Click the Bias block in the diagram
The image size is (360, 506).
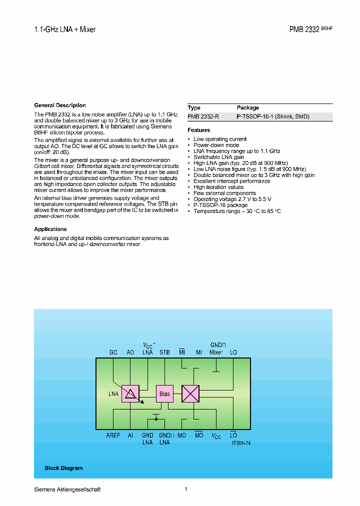point(164,393)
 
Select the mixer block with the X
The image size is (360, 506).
point(190,393)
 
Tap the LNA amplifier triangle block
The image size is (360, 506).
point(131,394)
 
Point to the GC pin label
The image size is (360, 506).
point(113,352)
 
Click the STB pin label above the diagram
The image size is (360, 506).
point(164,352)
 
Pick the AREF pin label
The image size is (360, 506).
point(113,435)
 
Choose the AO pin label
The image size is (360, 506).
point(130,352)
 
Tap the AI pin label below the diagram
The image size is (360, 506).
point(130,435)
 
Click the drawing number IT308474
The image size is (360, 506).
point(241,443)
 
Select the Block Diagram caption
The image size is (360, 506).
point(63,468)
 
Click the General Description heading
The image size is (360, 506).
point(60,105)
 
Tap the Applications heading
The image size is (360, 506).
point(50,229)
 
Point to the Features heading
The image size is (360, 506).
point(199,130)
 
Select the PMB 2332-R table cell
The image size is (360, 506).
point(203,116)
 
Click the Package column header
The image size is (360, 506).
point(248,107)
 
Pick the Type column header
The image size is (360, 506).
point(194,107)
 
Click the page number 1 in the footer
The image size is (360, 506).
point(186,489)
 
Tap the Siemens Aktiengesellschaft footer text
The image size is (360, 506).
point(67,489)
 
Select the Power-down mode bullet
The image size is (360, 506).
point(216,145)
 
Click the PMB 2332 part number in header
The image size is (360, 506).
point(304,29)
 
